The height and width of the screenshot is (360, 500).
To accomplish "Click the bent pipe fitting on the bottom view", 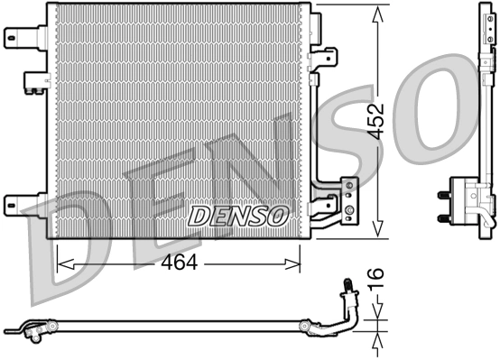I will pos(347,302).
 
